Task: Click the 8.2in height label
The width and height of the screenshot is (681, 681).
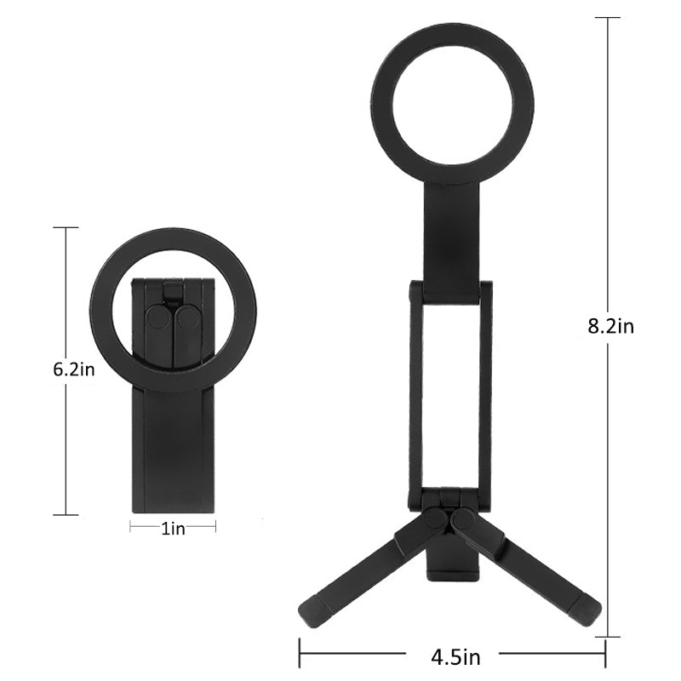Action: coord(611,326)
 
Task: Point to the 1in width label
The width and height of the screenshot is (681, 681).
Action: coord(173,529)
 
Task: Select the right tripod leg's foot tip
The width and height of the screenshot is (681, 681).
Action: coord(590,607)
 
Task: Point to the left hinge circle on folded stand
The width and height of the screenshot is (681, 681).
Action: coord(157,320)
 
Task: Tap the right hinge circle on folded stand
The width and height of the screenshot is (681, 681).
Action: coord(187,320)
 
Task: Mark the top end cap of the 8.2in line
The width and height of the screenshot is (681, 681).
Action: coord(607,17)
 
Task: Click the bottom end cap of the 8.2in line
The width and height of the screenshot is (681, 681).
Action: coord(607,637)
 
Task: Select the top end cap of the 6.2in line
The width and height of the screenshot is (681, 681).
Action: coord(66,227)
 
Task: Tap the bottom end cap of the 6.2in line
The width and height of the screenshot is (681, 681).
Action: coord(66,514)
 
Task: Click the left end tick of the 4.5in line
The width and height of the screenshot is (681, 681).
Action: coord(299,656)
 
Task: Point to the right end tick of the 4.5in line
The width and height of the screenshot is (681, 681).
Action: coord(604,656)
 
